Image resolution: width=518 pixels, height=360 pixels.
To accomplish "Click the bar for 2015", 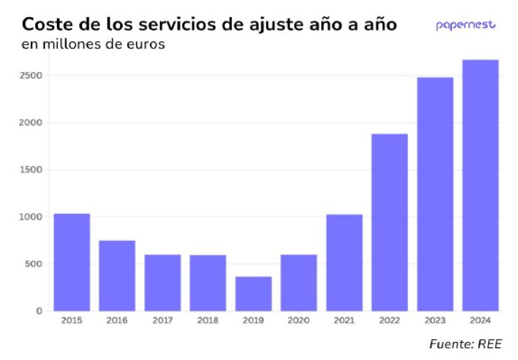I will coord(72,262).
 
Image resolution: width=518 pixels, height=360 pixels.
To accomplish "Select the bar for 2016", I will coord(117,276).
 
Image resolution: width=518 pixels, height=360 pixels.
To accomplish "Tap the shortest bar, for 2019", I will coord(253,293).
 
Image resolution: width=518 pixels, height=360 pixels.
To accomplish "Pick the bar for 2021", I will coord(344,262).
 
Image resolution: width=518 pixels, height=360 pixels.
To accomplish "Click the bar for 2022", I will coord(390,222).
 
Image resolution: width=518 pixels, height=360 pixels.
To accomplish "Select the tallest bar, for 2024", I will coord(480,185).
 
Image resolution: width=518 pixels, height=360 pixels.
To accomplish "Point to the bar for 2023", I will coord(435,194).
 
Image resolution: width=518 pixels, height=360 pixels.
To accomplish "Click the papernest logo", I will coord(466,25).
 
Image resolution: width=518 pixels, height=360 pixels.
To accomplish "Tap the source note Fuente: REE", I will coord(465,344).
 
